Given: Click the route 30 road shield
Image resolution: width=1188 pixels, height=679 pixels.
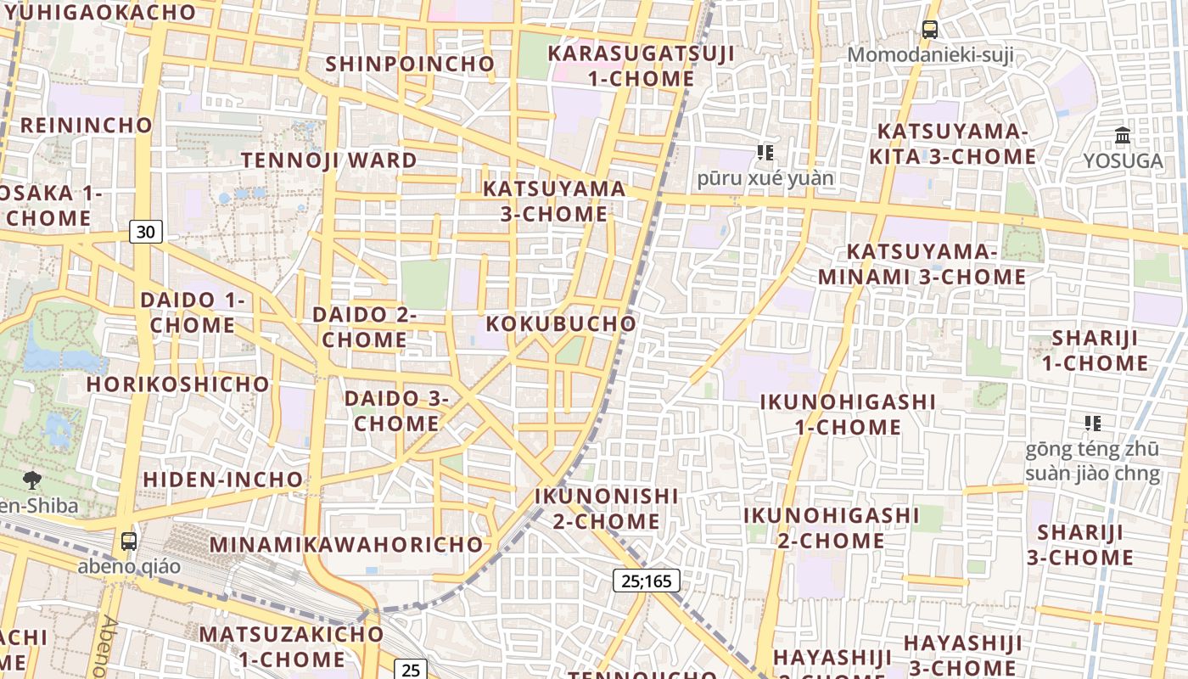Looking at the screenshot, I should click(146, 232).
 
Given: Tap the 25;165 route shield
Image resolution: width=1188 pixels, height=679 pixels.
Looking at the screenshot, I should click(647, 581).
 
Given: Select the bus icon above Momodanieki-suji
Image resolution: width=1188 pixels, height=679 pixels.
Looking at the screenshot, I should click(930, 30).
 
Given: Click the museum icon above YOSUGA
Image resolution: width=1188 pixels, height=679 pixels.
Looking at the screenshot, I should click(1123, 135).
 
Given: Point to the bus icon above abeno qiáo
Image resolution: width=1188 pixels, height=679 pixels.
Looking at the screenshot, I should click(129, 541).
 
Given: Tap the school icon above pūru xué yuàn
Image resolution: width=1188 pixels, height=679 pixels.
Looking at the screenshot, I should click(765, 153).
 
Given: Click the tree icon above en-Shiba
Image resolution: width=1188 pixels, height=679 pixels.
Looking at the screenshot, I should click(32, 480).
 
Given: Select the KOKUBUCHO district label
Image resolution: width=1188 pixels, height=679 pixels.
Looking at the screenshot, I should click(561, 323).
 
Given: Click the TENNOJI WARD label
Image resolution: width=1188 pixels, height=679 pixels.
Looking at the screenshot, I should click(329, 160).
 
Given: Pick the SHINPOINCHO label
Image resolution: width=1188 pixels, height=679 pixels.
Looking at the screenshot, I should click(410, 64).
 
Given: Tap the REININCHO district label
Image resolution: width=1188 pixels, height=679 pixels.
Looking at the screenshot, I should click(87, 126).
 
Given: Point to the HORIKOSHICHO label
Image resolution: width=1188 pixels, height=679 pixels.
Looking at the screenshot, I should click(178, 384).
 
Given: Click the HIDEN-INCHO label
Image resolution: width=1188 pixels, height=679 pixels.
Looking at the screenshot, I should click(223, 480).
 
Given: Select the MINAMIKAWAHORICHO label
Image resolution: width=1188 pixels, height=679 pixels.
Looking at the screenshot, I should click(346, 544).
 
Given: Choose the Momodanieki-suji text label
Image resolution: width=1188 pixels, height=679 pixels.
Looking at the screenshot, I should click(930, 56).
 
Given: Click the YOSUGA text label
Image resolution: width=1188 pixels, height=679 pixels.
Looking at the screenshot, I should click(1123, 161).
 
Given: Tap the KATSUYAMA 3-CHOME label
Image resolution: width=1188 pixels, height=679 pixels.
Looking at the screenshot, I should click(554, 201).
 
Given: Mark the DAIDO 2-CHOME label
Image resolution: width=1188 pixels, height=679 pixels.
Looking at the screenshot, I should click(365, 327).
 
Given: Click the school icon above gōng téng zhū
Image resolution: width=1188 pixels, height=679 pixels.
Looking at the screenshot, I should click(1092, 423).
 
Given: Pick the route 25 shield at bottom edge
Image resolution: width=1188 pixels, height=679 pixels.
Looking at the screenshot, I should click(411, 670).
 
